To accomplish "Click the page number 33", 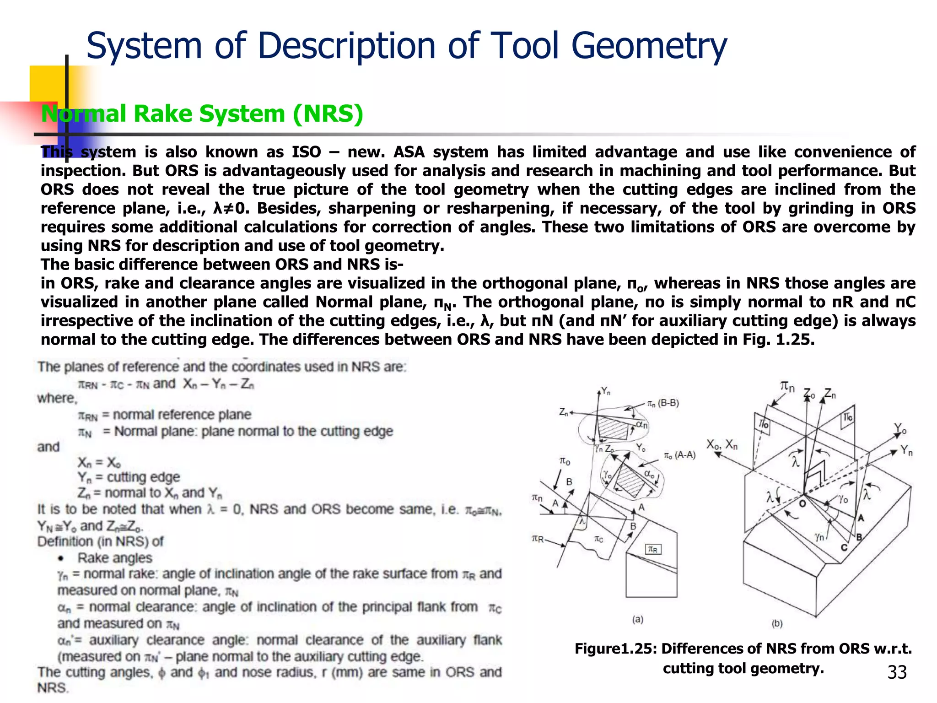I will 897,672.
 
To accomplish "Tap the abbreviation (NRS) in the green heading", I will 328,114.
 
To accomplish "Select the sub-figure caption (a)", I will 638,619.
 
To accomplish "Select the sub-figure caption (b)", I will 777,623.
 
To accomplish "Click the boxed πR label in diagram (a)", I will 653,549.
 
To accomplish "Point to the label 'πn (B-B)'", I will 662,403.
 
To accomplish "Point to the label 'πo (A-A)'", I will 679,455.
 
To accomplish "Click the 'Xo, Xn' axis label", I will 722,444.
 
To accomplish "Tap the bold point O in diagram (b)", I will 802,503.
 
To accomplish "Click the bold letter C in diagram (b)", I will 844,547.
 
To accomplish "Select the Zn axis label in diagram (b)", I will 830,394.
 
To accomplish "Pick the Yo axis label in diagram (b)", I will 900,429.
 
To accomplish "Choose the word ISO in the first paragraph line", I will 306,152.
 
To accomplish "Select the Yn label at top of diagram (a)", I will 605,391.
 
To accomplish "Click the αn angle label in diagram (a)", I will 642,425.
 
